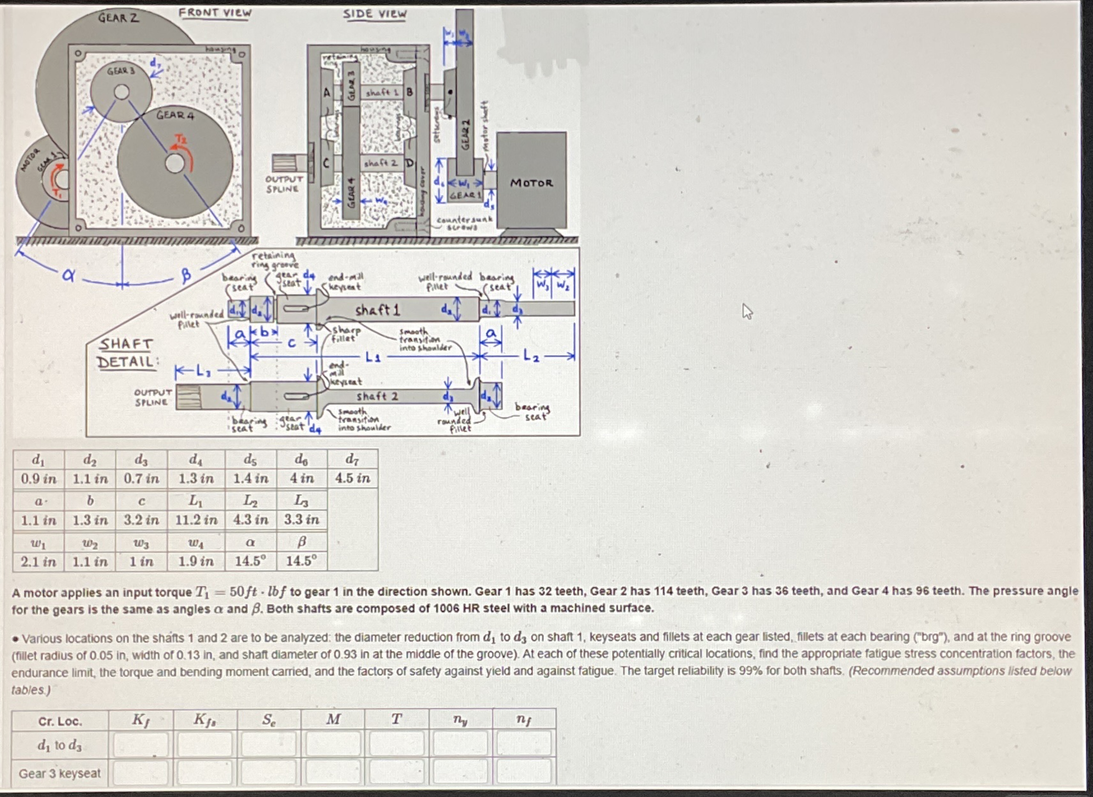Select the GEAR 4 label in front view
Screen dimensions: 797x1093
pos(174,115)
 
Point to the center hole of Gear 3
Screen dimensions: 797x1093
pos(122,92)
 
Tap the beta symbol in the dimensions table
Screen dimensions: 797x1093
pos(301,542)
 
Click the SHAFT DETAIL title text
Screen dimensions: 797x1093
pos(126,353)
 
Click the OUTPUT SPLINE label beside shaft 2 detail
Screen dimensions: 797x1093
pos(153,397)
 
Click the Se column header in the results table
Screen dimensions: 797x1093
pos(269,720)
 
